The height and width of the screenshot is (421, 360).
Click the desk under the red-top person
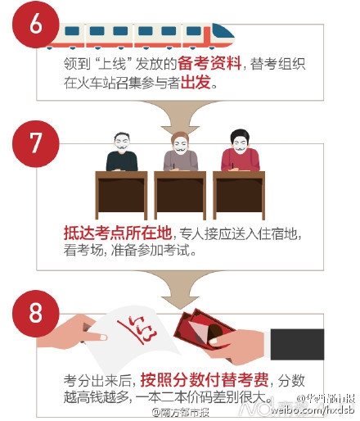239,192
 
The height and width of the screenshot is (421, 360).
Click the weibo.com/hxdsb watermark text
315,408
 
